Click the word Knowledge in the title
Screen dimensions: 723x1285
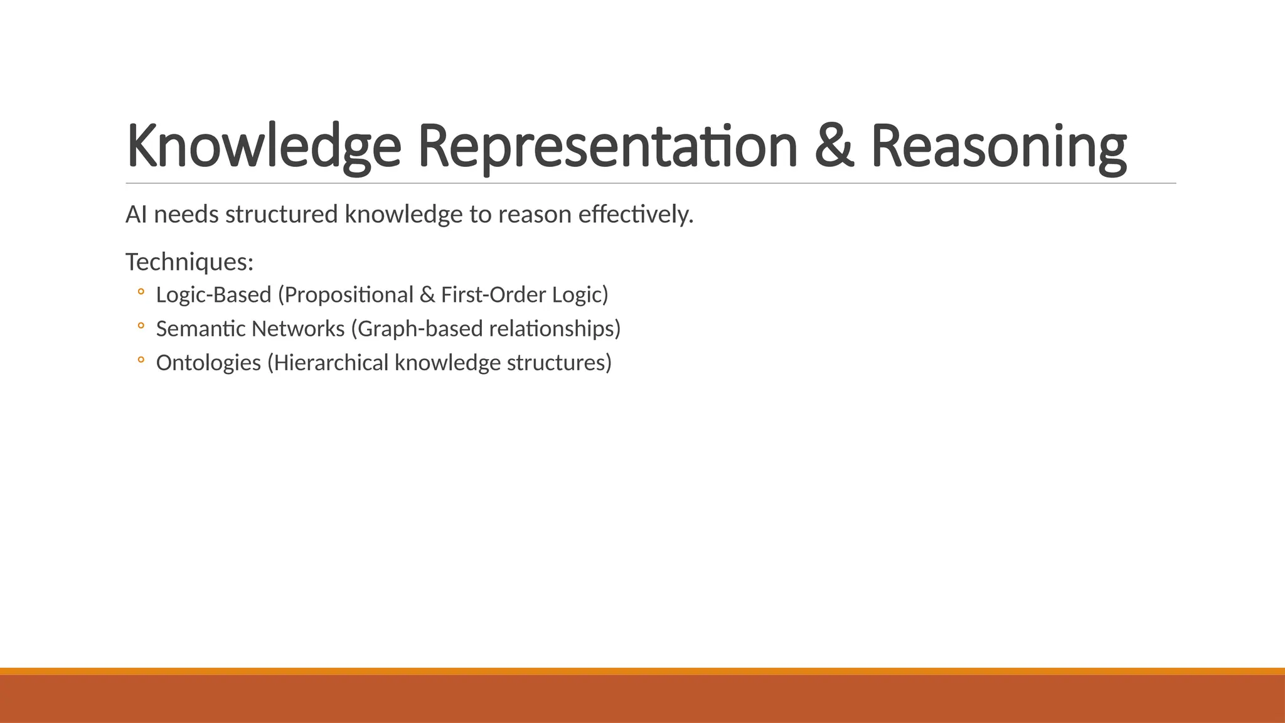pos(264,146)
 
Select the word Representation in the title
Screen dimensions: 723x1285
pos(607,146)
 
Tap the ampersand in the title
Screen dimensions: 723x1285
pos(834,146)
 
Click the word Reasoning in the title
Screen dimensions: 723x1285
pos(998,146)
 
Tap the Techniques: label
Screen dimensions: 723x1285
pos(189,262)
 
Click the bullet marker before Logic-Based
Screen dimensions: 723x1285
pos(141,292)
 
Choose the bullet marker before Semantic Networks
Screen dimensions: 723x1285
pos(141,326)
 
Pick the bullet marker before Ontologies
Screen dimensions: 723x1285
pos(141,360)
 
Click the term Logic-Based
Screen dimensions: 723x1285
pos(213,295)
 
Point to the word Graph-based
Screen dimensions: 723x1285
pos(420,329)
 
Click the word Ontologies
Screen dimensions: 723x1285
pos(208,363)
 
